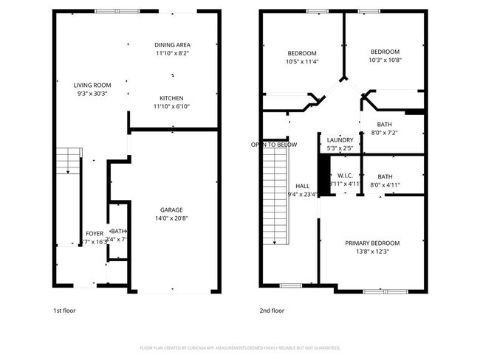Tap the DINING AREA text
pos(172,44)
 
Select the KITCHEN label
pos(172,98)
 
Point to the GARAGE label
pos(172,210)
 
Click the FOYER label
pos(95,233)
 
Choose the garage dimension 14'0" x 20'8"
pos(172,218)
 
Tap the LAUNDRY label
pos(340,139)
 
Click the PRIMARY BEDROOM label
pos(372,243)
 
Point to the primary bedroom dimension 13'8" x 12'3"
pos(372,252)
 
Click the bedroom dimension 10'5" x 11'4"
pos(301,62)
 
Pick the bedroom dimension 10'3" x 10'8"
pos(384,60)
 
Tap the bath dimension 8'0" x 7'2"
pos(384,133)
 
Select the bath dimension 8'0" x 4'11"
pos(385,185)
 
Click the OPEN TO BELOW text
pos(274,145)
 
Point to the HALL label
pos(303,186)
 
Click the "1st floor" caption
pos(64,311)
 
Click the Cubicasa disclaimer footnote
pos(240,347)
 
